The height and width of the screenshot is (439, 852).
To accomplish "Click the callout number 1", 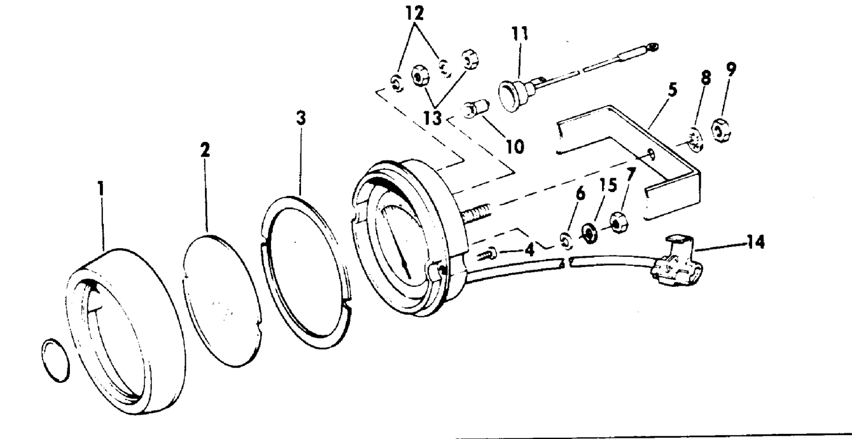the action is (101, 189).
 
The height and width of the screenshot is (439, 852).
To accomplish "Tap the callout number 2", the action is (205, 150).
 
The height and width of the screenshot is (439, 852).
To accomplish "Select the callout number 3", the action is (301, 118).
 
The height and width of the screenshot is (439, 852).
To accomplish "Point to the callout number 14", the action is (756, 242).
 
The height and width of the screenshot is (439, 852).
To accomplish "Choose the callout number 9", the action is (731, 69).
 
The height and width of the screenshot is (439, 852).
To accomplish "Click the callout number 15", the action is (608, 185).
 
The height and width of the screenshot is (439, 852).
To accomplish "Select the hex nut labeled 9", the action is (720, 131).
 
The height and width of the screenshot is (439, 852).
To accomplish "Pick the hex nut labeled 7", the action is (618, 223).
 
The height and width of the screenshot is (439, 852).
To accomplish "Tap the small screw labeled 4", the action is (486, 253).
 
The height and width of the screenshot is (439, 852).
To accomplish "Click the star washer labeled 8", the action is (696, 140).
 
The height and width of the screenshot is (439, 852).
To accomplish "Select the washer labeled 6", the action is (566, 241).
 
